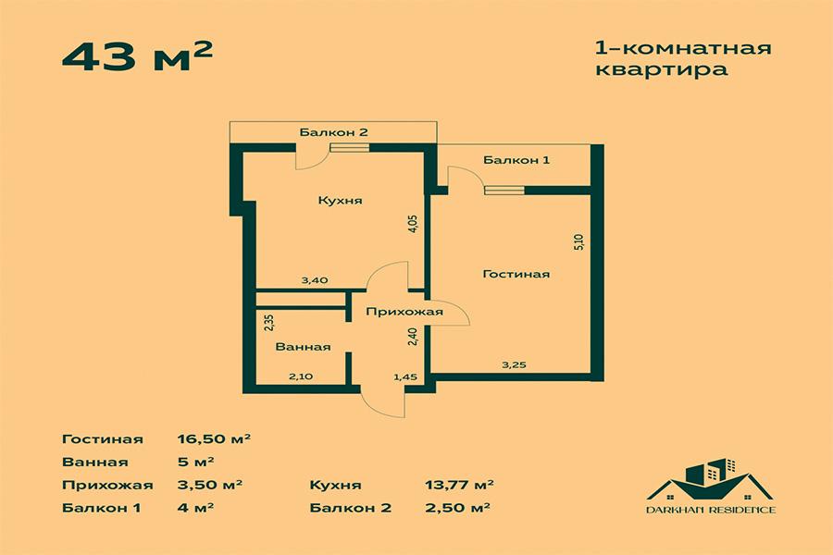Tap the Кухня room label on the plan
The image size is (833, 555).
pos(340,201)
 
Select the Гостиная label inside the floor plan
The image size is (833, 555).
pos(516,274)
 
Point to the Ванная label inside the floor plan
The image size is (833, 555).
pos(303,347)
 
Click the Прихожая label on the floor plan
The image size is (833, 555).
pos(404,312)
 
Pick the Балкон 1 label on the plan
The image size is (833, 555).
pos(516,159)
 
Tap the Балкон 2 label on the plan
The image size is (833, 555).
pos(333,132)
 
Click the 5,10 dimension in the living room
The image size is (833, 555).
pos(579,242)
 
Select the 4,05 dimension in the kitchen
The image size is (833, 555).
pos(414,223)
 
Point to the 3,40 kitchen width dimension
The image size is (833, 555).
pos(315,280)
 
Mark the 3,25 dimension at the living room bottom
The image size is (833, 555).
pos(515,364)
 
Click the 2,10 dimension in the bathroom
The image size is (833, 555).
pos(301,376)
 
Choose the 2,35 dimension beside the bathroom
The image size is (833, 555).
pos(268,323)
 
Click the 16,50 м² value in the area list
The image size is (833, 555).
pos(214,439)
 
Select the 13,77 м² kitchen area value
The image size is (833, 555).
pos(459,485)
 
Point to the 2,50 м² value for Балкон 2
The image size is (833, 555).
pos(457,508)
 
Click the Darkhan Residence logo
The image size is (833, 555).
pos(711,486)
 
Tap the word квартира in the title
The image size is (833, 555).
pos(662,70)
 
